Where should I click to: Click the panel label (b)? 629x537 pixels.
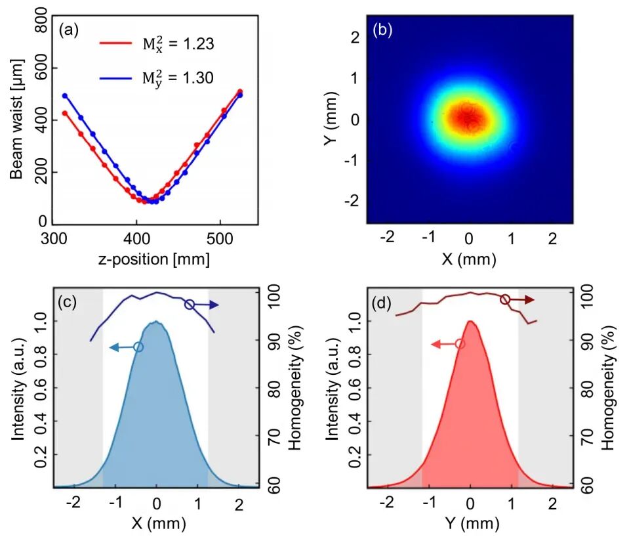(382, 30)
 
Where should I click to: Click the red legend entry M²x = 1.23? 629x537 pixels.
(157, 44)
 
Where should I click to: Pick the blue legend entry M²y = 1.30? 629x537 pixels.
(157, 77)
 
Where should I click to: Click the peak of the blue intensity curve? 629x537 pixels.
(156, 322)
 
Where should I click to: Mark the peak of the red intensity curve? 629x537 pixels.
(470, 321)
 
